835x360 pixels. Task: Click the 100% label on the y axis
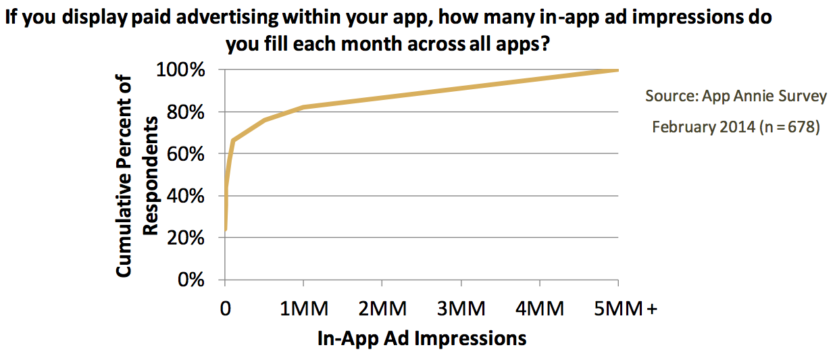tap(180, 70)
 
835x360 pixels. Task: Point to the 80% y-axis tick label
tap(186, 112)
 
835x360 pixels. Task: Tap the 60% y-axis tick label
tap(186, 153)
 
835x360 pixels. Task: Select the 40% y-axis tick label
tap(186, 196)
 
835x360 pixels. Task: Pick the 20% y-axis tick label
tap(186, 237)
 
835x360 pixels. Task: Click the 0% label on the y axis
tap(191, 280)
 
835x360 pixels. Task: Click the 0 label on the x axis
tap(226, 309)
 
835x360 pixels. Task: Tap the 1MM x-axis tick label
tap(304, 309)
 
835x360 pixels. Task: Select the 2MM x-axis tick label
tap(382, 309)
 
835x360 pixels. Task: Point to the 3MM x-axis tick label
tap(461, 309)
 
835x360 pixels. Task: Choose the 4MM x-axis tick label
tap(540, 309)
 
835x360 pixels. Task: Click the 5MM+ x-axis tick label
tap(626, 309)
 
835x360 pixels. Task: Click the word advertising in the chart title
tap(227, 18)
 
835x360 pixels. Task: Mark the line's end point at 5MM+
tap(618, 70)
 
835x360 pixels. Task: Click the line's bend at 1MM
tap(304, 107)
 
